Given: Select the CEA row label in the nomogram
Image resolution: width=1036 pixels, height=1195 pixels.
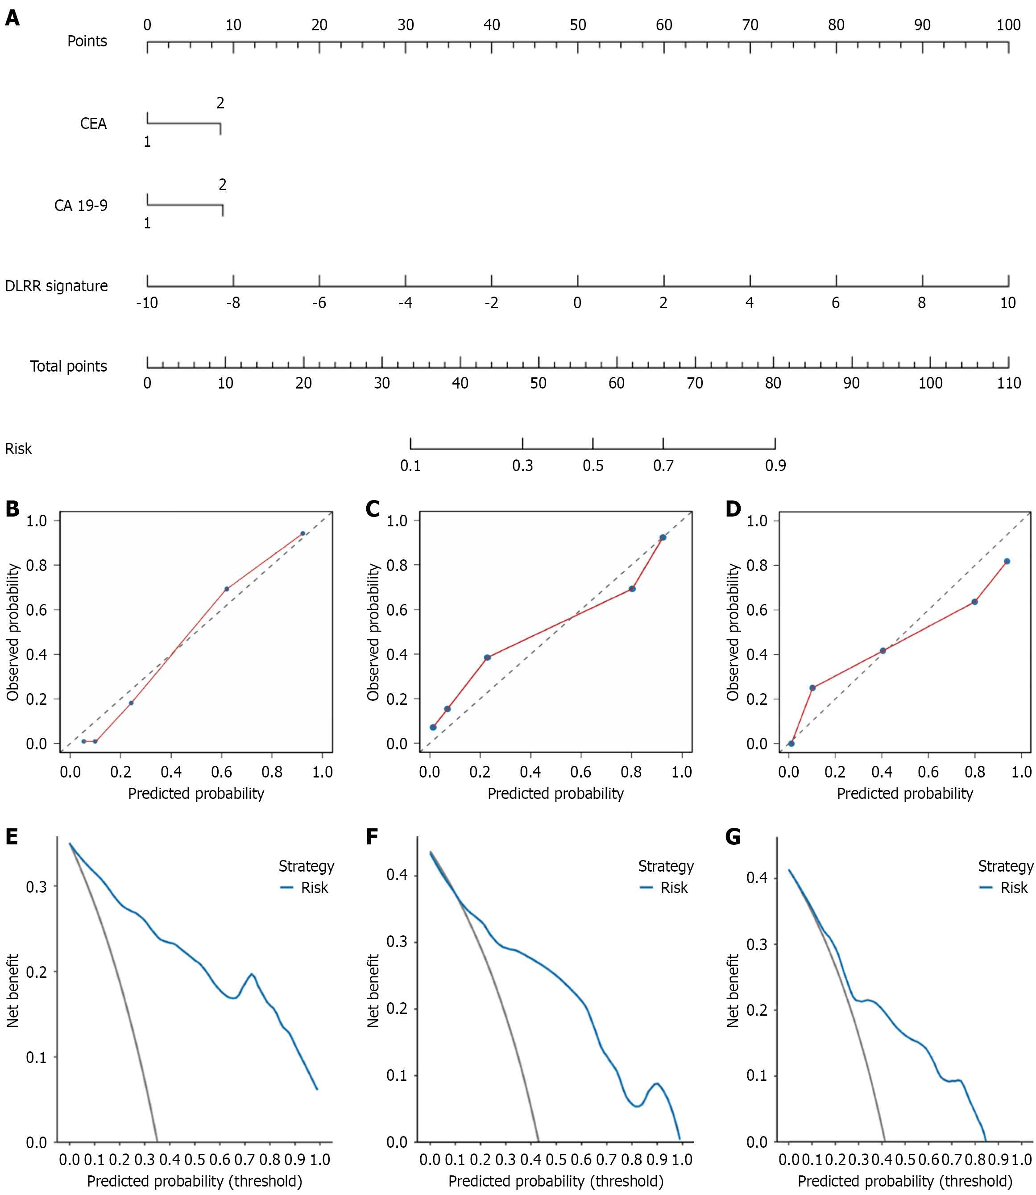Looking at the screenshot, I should click(93, 124).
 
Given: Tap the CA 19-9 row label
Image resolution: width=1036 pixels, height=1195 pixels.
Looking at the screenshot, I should click(81, 206).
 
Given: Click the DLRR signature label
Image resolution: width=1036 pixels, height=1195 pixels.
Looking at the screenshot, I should click(56, 286).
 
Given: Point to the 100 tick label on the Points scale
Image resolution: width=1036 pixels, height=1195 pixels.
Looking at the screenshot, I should click(1008, 25).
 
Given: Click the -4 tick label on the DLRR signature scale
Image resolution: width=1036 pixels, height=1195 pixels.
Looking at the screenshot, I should click(405, 303).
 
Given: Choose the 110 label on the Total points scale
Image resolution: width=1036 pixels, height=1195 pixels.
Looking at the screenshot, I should click(1009, 383).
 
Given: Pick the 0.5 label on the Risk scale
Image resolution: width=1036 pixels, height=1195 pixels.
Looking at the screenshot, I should click(593, 466).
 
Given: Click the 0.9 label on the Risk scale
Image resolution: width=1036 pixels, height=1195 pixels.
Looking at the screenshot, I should click(775, 466).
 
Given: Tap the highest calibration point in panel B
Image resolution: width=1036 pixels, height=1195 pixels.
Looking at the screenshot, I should click(303, 533).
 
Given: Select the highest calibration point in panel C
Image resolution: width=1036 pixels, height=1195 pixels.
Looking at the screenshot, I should click(663, 538).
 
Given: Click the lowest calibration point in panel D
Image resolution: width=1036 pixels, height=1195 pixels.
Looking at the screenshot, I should click(791, 744).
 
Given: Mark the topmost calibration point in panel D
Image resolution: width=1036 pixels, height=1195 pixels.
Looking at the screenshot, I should click(1007, 562).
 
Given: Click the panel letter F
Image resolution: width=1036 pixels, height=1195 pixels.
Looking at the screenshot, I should click(372, 837).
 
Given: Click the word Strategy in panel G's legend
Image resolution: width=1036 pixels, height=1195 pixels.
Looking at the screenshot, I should click(1005, 866).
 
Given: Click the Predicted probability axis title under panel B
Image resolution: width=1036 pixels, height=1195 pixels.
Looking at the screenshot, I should click(196, 794).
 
